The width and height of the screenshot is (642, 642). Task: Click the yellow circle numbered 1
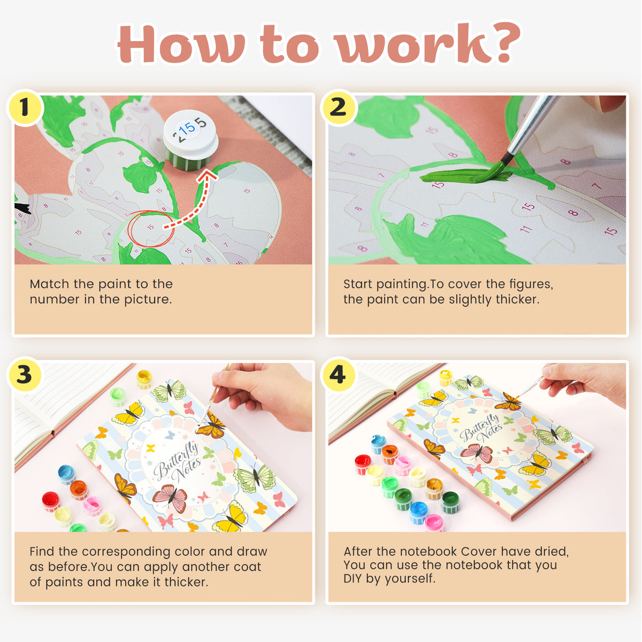(25, 108)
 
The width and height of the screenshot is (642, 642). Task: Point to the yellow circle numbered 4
(338, 374)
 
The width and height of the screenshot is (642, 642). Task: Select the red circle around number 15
(150, 229)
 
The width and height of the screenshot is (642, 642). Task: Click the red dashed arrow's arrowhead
(208, 175)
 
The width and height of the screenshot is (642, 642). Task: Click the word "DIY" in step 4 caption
(353, 578)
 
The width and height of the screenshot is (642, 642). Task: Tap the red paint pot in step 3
(51, 501)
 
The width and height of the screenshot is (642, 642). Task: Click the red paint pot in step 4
(362, 464)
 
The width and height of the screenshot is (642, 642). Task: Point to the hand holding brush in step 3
(263, 393)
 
